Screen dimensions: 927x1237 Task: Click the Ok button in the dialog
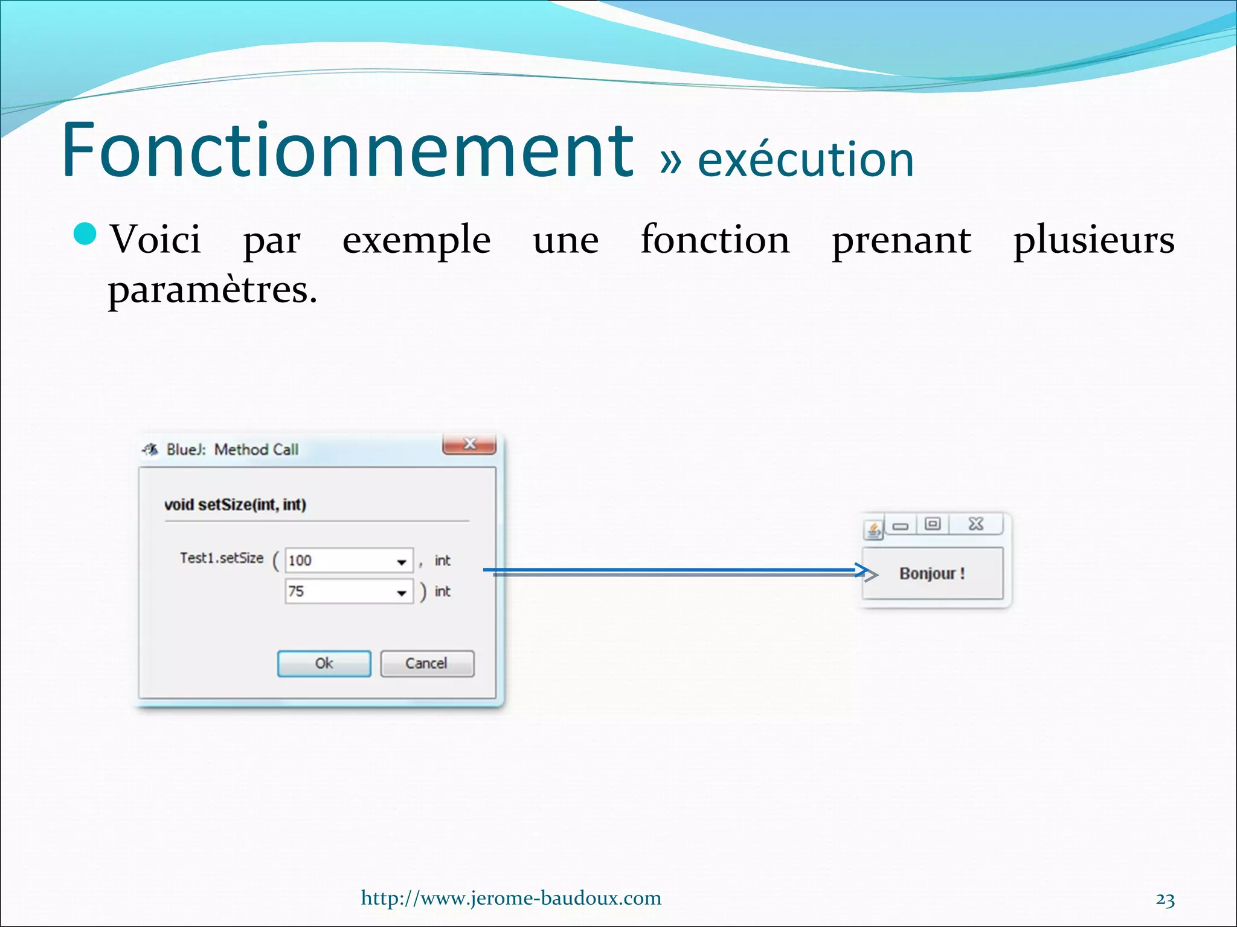pyautogui.click(x=324, y=663)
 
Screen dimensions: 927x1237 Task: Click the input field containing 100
pyautogui.click(x=338, y=561)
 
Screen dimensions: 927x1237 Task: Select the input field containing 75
pyautogui.click(x=338, y=591)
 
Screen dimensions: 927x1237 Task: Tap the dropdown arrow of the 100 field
pyautogui.click(x=402, y=562)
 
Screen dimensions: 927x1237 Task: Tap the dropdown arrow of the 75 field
pyautogui.click(x=402, y=593)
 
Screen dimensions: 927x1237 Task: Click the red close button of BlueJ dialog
pyautogui.click(x=469, y=444)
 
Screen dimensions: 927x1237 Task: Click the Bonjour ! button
pyautogui.click(x=932, y=573)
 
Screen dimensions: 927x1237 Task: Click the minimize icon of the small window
pyautogui.click(x=901, y=526)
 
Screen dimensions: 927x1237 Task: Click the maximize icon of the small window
pyautogui.click(x=933, y=524)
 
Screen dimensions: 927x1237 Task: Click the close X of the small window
pyautogui.click(x=976, y=524)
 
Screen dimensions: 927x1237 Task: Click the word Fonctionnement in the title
pyautogui.click(x=347, y=151)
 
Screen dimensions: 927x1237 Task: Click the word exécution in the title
pyautogui.click(x=805, y=160)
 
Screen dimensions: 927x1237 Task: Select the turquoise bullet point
pyautogui.click(x=85, y=234)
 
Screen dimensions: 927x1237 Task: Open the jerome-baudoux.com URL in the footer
pyautogui.click(x=511, y=898)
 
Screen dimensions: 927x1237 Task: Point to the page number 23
pyautogui.click(x=1165, y=900)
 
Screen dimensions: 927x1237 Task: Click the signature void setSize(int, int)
pyautogui.click(x=235, y=505)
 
